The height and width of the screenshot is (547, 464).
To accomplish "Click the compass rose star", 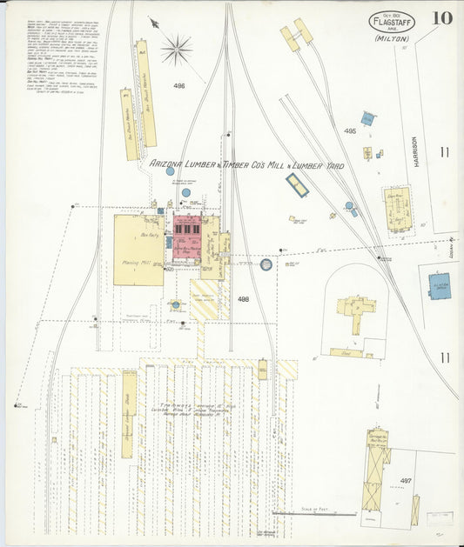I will [x=176, y=49].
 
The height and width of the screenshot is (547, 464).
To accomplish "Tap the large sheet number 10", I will [x=440, y=18].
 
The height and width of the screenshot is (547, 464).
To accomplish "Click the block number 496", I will [x=179, y=86].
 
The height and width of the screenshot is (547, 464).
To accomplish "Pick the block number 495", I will [x=350, y=131].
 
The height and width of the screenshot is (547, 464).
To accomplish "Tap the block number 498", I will [x=243, y=298].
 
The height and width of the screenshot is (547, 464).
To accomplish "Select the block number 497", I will [x=406, y=480].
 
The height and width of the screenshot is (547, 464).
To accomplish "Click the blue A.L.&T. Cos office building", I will [x=440, y=286].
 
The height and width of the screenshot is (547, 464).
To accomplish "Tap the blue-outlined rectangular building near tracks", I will [x=297, y=184].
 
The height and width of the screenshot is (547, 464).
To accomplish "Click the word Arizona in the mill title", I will [x=166, y=163].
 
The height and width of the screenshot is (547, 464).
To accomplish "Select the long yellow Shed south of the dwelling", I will [x=346, y=352].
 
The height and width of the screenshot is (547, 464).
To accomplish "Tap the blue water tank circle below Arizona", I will [x=171, y=171].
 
